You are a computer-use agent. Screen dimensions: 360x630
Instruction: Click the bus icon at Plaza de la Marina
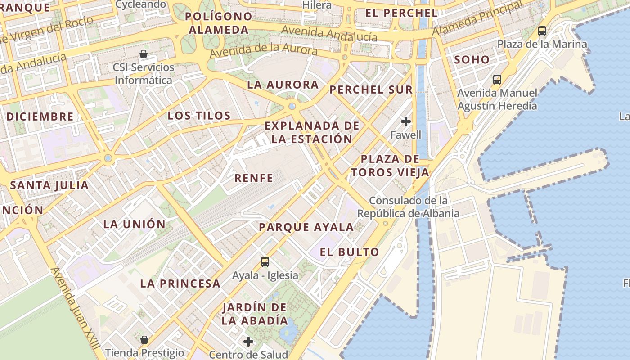pyautogui.click(x=542, y=31)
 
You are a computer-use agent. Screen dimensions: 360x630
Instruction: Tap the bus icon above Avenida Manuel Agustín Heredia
pyautogui.click(x=497, y=80)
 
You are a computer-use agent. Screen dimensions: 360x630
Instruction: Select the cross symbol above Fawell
pyautogui.click(x=406, y=121)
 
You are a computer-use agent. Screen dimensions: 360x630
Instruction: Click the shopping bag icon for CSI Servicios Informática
pyautogui.click(x=144, y=54)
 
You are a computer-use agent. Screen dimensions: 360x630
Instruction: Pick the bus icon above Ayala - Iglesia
pyautogui.click(x=265, y=261)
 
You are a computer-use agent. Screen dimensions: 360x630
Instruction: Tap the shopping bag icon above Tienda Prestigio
pyautogui.click(x=144, y=339)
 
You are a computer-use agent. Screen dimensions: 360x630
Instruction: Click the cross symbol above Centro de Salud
pyautogui.click(x=248, y=342)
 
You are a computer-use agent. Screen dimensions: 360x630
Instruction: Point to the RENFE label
pyautogui.click(x=254, y=178)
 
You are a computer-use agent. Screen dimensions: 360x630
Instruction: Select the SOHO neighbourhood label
pyautogui.click(x=472, y=59)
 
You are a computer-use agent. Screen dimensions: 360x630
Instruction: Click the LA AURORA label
pyautogui.click(x=283, y=85)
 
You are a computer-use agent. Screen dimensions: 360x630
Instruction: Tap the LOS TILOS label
pyautogui.click(x=199, y=116)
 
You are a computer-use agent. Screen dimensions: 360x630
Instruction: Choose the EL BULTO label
pyautogui.click(x=349, y=252)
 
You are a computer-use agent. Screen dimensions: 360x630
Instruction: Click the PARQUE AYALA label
pyautogui.click(x=306, y=227)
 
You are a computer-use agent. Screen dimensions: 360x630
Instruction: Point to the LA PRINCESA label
pyautogui.click(x=180, y=283)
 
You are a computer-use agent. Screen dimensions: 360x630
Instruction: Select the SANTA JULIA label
pyautogui.click(x=49, y=185)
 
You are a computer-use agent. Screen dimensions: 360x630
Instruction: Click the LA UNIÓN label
pyautogui.click(x=135, y=224)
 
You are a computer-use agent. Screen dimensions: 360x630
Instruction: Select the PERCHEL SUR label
pyautogui.click(x=371, y=90)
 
